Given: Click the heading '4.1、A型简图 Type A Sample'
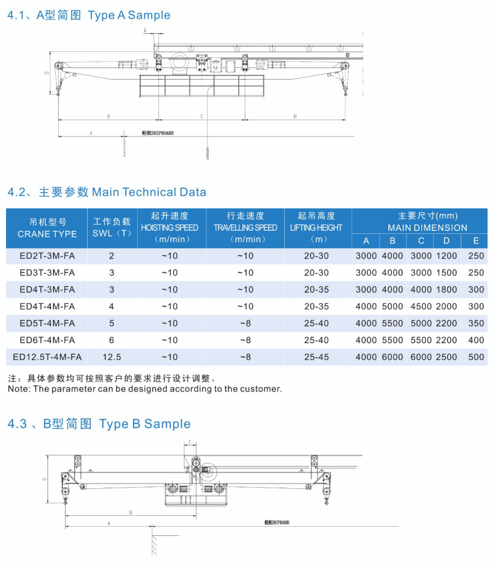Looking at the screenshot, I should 89,15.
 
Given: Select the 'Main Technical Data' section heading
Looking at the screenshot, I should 106,192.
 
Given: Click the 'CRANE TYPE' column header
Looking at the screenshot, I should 47,234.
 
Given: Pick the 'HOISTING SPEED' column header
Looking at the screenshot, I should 169,228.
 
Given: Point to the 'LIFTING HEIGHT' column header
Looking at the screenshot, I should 316,228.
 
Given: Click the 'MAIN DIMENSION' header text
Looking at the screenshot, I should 427,228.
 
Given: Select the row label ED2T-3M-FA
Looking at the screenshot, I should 47,256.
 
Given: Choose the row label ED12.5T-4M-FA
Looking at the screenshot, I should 47,357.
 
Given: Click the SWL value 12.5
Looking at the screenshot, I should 111,357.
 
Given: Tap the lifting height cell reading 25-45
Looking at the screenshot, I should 316,357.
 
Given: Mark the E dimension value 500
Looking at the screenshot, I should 476,357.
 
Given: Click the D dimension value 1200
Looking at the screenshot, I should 446,256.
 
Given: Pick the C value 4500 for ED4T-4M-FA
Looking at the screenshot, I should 421,306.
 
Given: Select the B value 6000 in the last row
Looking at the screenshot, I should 393,357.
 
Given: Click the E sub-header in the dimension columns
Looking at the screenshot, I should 476,241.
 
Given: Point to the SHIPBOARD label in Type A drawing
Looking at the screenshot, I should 157,132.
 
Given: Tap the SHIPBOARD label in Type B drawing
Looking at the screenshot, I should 277,522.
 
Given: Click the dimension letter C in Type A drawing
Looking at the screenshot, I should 201,115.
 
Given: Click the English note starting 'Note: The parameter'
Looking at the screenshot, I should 145,389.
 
